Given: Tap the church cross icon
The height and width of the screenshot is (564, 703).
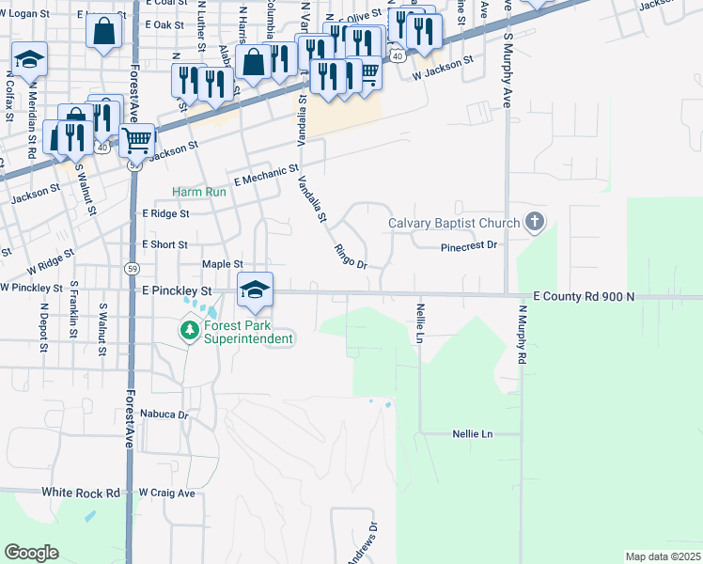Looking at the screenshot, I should click(535, 222).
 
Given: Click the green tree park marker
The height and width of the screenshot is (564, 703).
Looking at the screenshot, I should click(190, 329).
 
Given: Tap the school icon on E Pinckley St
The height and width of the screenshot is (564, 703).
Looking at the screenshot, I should click(255, 292).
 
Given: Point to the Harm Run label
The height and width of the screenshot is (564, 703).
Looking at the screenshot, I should click(199, 192).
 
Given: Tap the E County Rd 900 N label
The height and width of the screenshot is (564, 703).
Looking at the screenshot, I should click(584, 296).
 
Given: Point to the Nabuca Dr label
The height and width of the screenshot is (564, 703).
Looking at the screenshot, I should click(164, 414).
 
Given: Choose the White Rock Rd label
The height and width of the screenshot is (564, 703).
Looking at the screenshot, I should click(81, 493).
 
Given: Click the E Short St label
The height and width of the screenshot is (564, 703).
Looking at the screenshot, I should click(164, 243).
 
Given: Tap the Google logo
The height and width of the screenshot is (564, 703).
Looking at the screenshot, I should click(31, 553).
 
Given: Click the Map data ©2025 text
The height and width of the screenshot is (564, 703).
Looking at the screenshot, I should click(663, 556).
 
